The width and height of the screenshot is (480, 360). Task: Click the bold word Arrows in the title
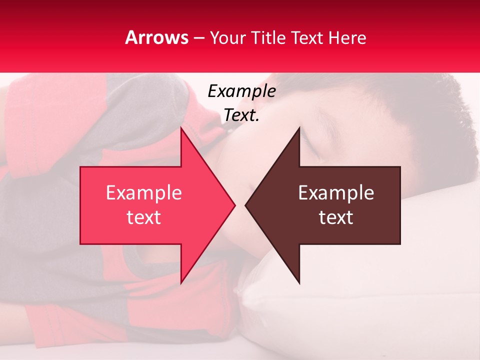[157, 37]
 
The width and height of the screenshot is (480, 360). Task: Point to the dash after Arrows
[199, 38]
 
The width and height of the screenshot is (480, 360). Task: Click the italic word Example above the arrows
[241, 91]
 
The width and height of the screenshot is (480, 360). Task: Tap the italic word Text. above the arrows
[241, 115]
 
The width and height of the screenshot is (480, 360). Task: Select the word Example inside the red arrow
[144, 192]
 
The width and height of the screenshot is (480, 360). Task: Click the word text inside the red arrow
[144, 217]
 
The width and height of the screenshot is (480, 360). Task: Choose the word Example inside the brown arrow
[336, 192]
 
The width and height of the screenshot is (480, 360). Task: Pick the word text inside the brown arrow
[336, 217]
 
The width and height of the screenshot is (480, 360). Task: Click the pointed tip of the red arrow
[234, 205]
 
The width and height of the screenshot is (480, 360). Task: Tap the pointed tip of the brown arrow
[246, 205]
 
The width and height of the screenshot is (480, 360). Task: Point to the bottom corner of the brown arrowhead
[299, 282]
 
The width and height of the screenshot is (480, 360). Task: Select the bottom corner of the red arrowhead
[181, 282]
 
